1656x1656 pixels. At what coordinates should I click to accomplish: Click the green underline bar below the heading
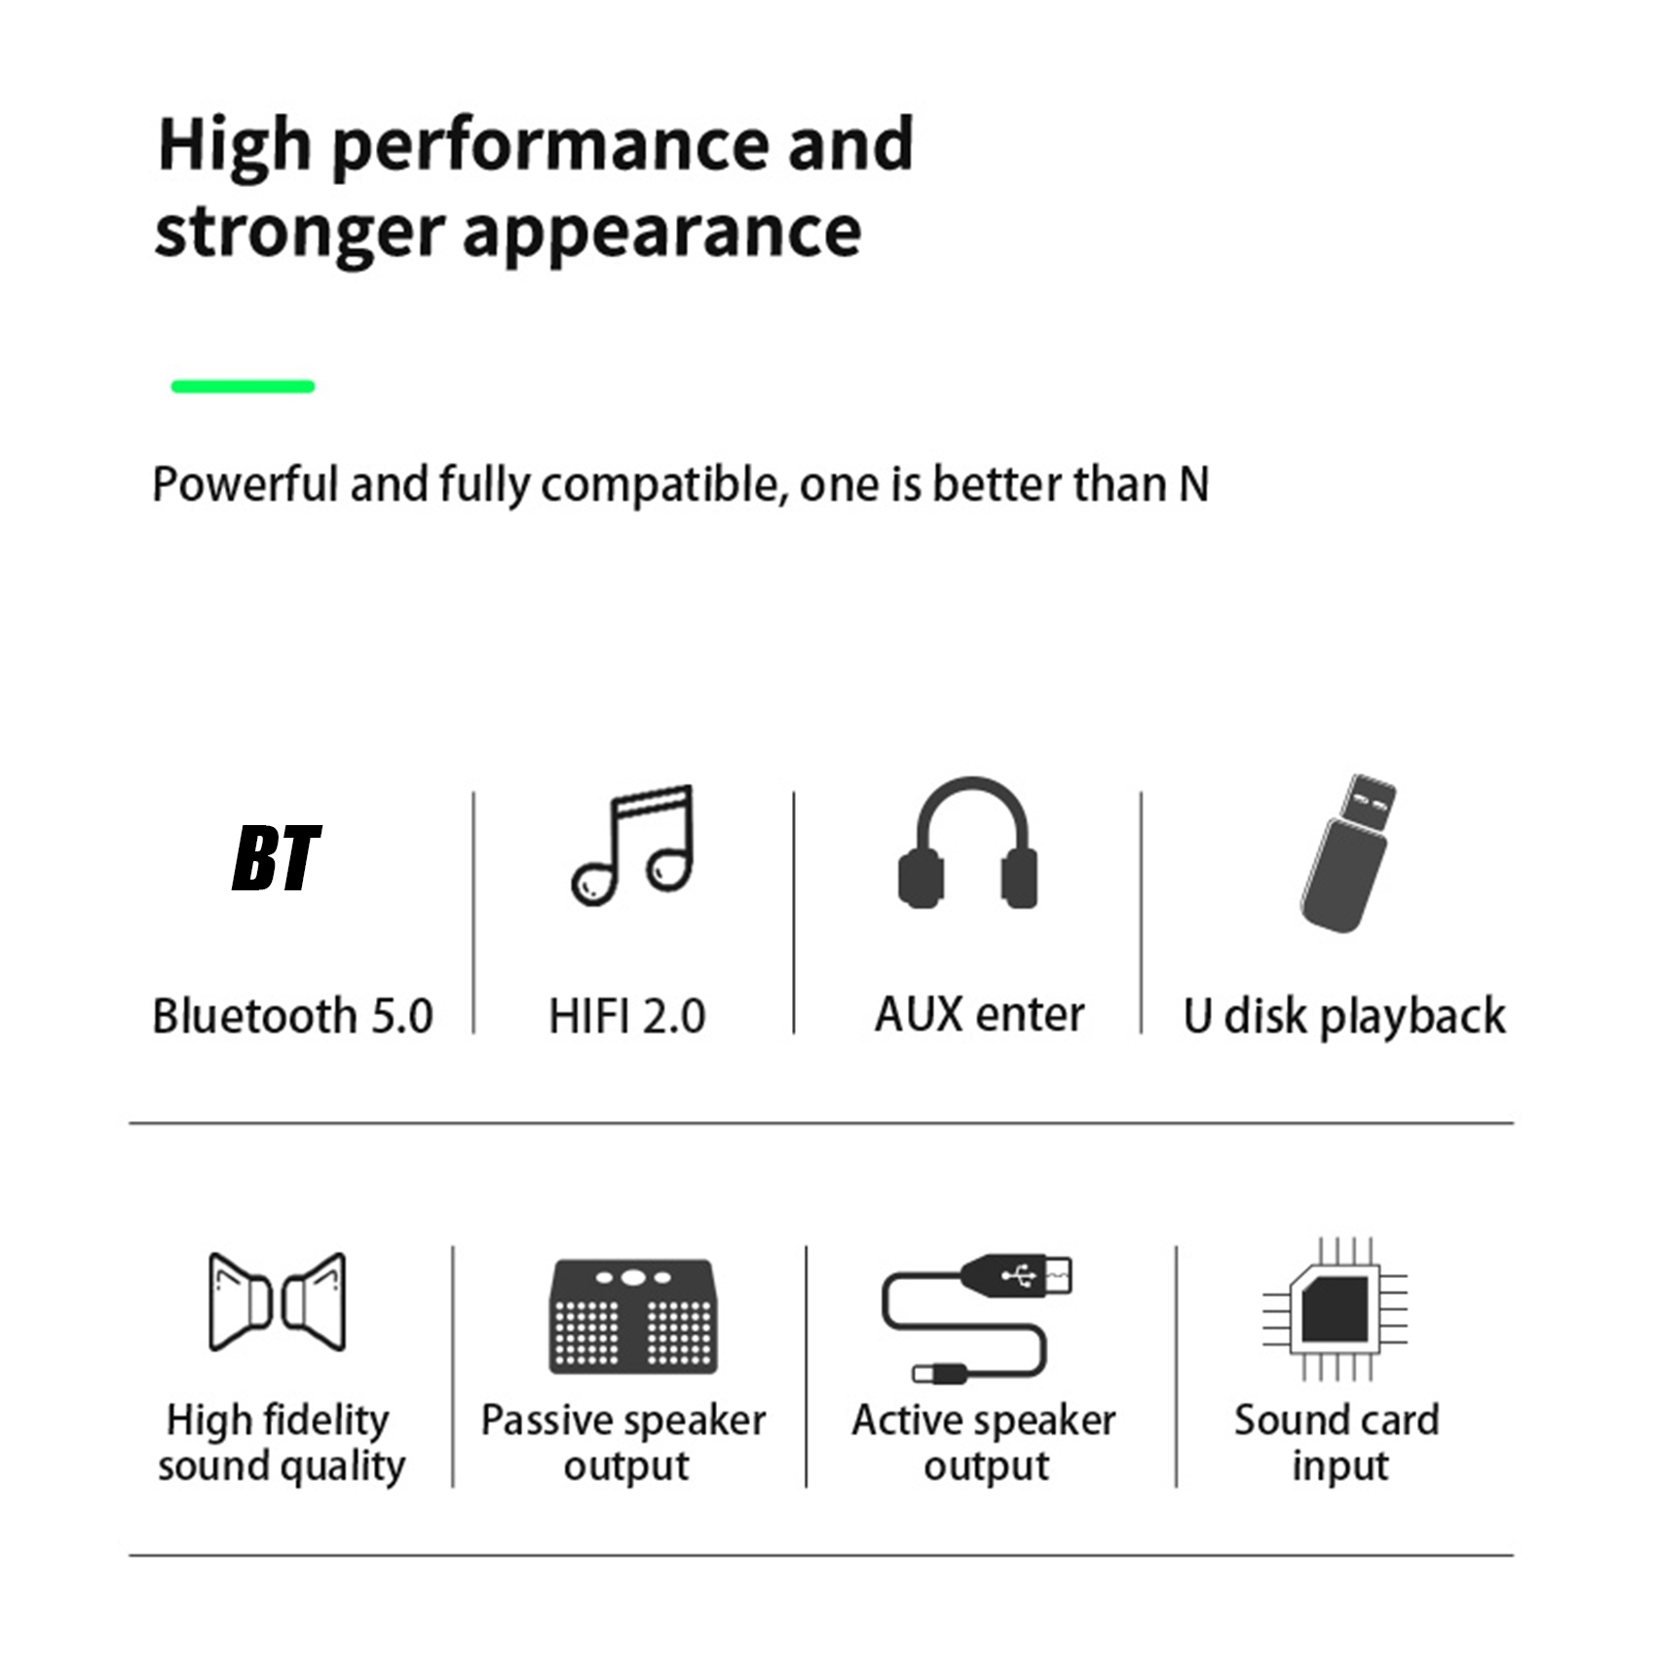click(243, 387)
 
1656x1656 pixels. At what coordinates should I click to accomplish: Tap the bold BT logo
click(277, 859)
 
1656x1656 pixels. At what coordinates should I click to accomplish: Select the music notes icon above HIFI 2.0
click(633, 845)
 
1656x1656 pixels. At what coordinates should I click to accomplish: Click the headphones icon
click(967, 844)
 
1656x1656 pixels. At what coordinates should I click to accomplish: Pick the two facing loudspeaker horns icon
click(278, 1302)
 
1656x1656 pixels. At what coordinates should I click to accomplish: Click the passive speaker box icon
click(633, 1317)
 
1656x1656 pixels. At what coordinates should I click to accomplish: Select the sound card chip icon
click(1336, 1309)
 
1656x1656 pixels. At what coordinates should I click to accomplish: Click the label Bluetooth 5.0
click(292, 1016)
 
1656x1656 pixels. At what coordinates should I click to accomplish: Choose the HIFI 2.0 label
click(627, 1016)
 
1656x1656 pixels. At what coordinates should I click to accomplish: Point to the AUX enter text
click(979, 1014)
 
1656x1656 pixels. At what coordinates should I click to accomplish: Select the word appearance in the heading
click(661, 234)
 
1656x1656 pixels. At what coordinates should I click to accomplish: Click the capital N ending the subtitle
click(1194, 484)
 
